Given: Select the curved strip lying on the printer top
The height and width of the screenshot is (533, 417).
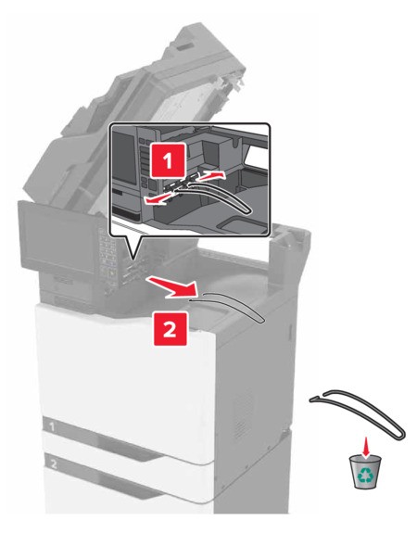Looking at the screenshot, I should pos(232,308).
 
